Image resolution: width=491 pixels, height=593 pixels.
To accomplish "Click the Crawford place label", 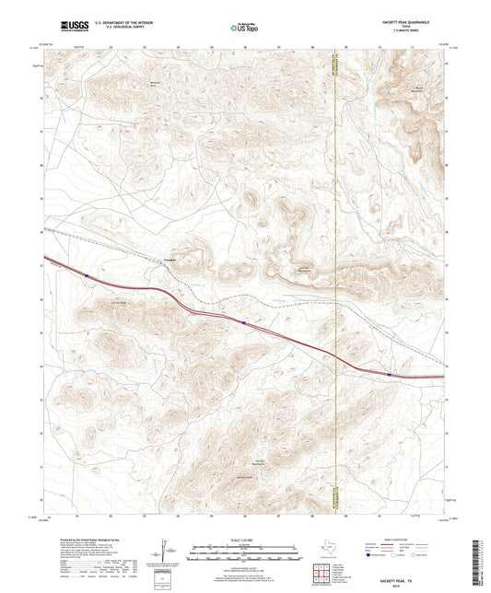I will tap(169, 260).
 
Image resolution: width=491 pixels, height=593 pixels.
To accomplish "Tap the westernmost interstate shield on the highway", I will tap(86, 273).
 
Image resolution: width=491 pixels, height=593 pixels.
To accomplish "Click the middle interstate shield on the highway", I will tap(243, 322).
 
